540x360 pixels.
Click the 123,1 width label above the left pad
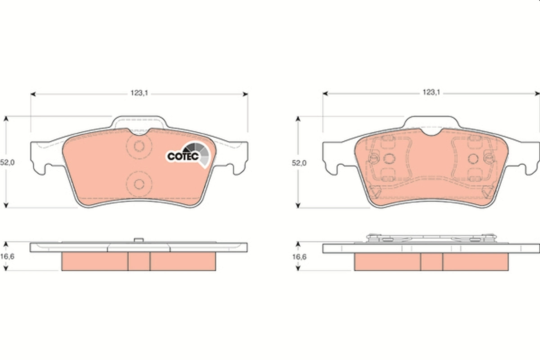pyautogui.click(x=139, y=93)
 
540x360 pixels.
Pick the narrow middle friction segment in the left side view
pyautogui.click(x=139, y=261)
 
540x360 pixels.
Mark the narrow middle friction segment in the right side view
pyautogui.click(x=432, y=261)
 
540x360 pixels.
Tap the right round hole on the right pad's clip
pyautogui.click(x=472, y=158)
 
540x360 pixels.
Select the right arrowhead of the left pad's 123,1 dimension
pyautogui.click(x=245, y=94)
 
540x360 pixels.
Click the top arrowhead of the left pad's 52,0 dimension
pyautogui.click(x=6, y=119)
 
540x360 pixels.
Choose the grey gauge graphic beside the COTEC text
pyautogui.click(x=200, y=153)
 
